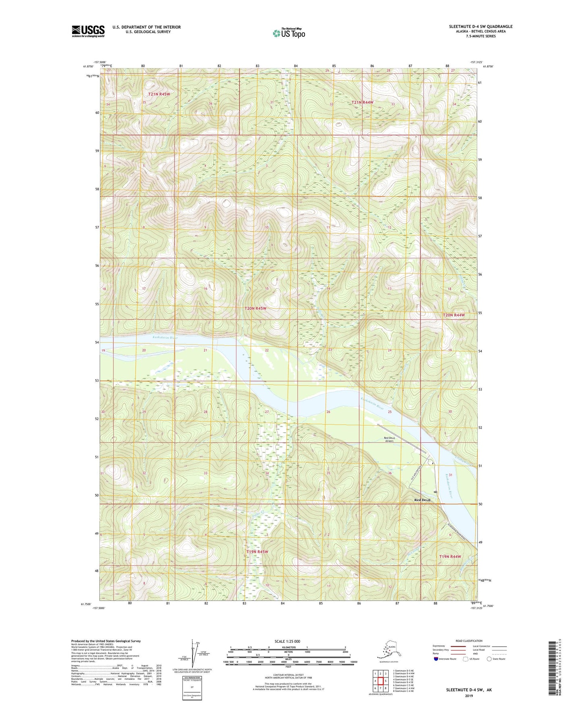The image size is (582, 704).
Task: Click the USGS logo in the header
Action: click(x=88, y=31)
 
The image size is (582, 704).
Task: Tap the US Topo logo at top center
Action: click(x=288, y=33)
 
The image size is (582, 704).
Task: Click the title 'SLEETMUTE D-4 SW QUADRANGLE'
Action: click(x=481, y=27)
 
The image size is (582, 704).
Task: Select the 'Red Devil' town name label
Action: click(x=423, y=500)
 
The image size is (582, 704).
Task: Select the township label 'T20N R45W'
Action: click(x=256, y=308)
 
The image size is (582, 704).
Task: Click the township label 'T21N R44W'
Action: click(x=362, y=102)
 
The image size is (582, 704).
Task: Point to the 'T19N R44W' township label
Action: click(x=450, y=556)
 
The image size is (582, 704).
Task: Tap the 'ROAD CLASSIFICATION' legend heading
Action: click(x=469, y=641)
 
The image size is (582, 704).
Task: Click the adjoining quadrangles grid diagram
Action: click(x=380, y=681)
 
